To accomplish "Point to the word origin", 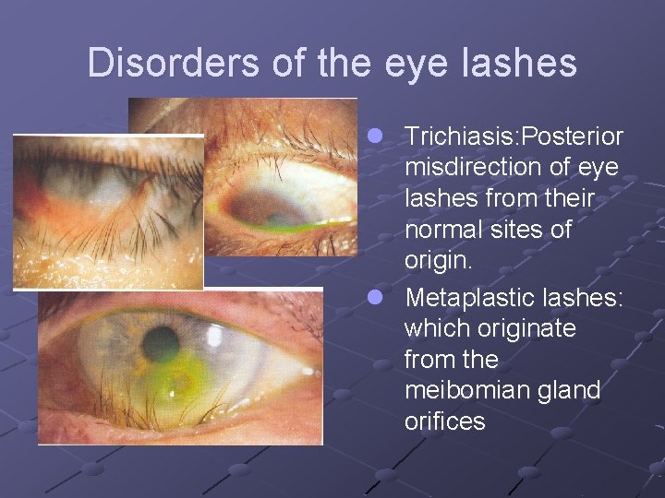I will (x=437, y=261).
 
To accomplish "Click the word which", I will (x=438, y=328).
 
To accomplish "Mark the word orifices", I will (x=444, y=421).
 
